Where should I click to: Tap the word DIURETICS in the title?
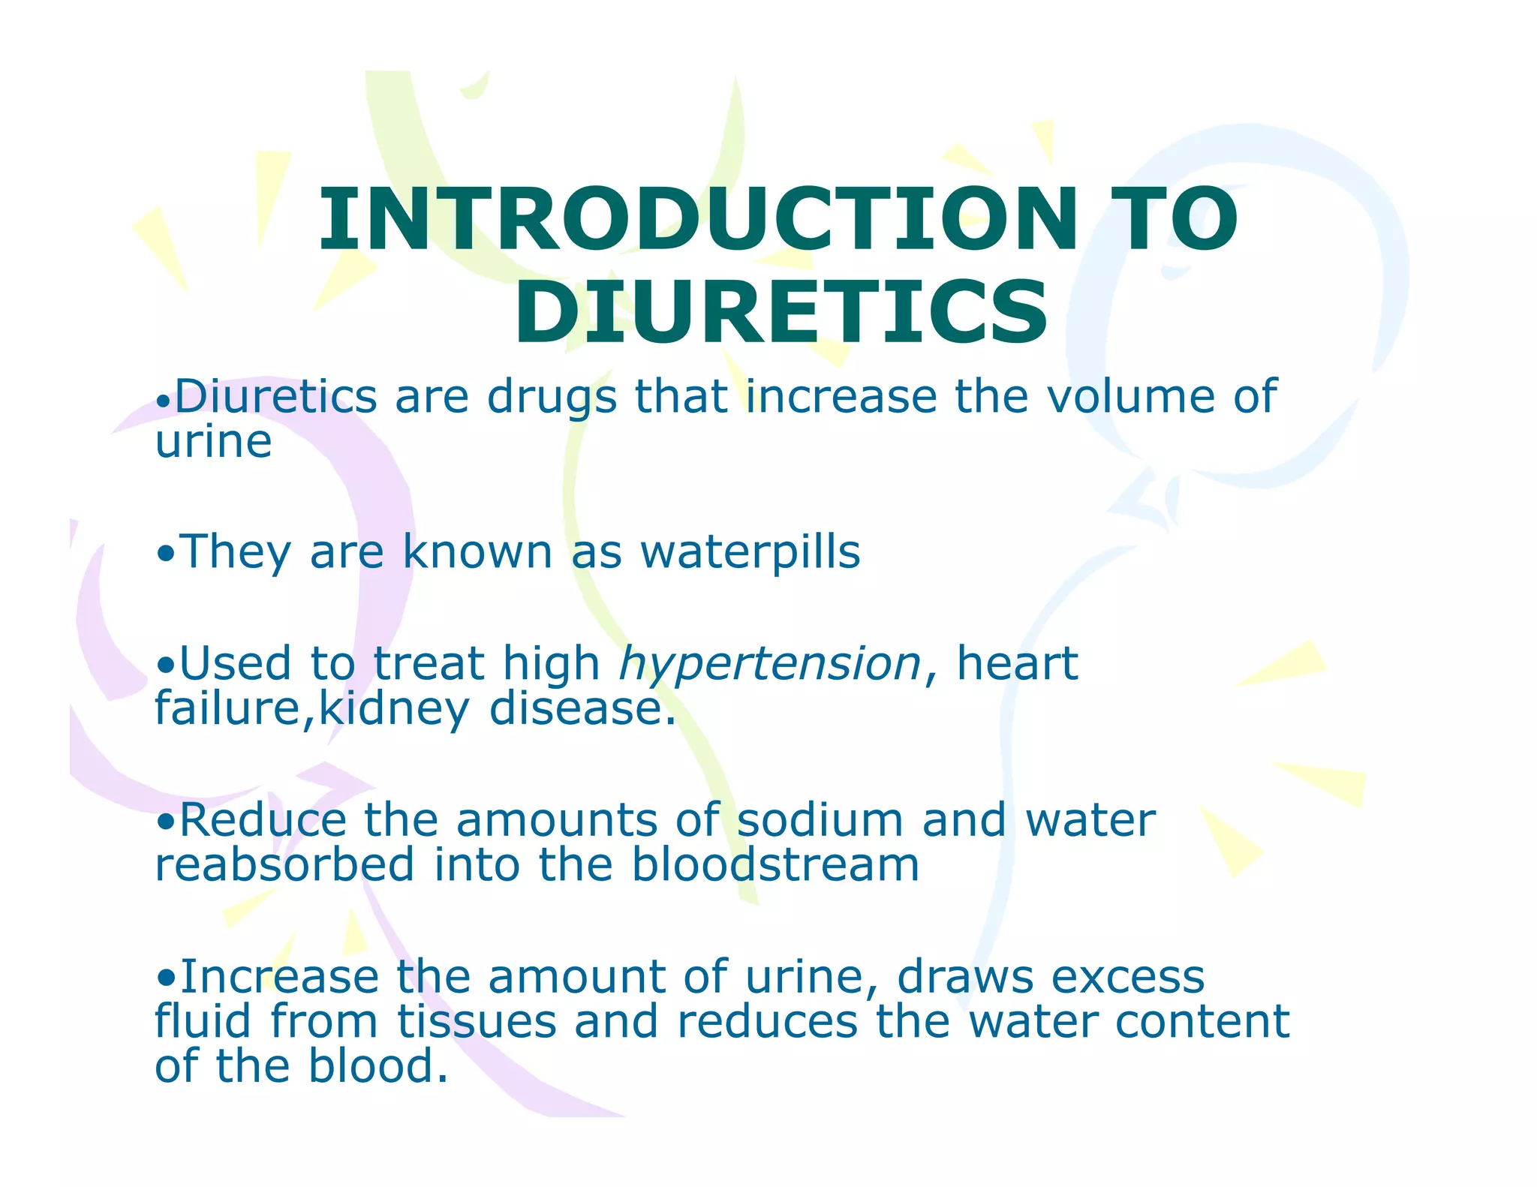click(781, 312)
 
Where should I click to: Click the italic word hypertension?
click(770, 665)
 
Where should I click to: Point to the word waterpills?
click(750, 552)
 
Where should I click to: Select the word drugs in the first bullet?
click(552, 398)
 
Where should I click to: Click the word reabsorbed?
click(285, 864)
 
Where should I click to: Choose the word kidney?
click(395, 710)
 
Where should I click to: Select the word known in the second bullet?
click(477, 552)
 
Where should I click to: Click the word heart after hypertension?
click(1017, 663)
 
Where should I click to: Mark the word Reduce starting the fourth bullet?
click(263, 819)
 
